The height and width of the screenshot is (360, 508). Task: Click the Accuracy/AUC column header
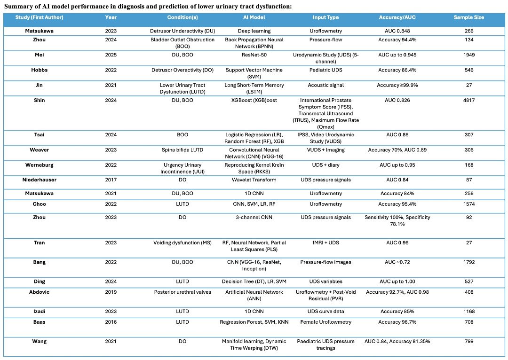(x=397, y=17)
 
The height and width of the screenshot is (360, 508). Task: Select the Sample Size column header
(x=469, y=17)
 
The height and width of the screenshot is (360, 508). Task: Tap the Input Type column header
(x=325, y=17)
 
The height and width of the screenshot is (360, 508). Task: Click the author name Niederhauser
(x=39, y=180)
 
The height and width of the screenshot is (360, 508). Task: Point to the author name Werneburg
(x=39, y=165)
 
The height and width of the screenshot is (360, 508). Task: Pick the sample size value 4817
(x=469, y=101)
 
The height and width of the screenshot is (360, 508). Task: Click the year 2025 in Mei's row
(x=111, y=55)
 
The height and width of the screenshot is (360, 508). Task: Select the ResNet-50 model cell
(x=254, y=55)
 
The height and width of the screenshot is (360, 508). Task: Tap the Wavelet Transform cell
(x=254, y=180)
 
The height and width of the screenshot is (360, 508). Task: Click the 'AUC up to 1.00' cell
(x=397, y=282)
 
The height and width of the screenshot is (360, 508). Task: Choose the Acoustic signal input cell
(x=325, y=85)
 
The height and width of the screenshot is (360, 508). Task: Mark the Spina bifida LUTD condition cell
(x=183, y=150)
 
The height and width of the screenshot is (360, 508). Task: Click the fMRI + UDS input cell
(x=325, y=243)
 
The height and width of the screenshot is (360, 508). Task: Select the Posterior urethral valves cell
(x=183, y=292)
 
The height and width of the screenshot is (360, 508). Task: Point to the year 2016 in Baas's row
(x=111, y=322)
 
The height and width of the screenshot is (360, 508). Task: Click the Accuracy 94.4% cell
(x=397, y=39)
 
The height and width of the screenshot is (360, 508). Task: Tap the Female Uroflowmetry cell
(x=325, y=322)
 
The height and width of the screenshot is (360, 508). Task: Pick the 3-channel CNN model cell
(x=254, y=217)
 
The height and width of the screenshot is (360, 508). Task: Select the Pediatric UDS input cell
(x=325, y=70)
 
